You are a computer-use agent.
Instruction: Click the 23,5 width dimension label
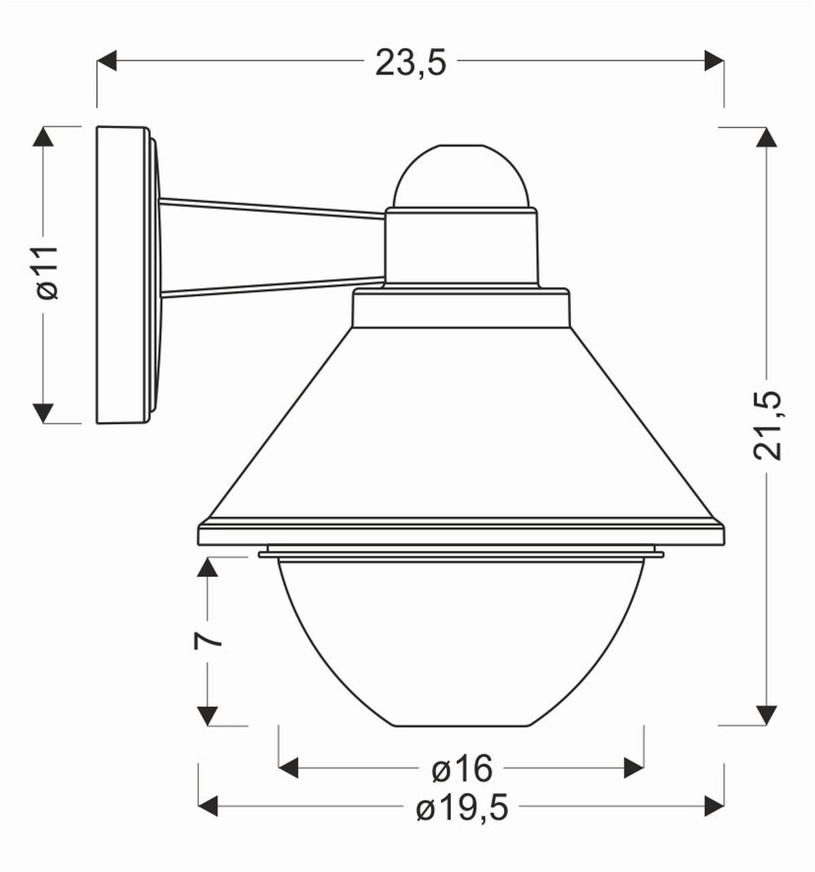point(410,62)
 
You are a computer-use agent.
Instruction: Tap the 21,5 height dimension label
point(768,425)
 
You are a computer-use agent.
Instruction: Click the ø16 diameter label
point(462,769)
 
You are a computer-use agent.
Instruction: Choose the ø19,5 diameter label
point(462,808)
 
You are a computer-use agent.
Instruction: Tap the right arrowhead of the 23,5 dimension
point(713,60)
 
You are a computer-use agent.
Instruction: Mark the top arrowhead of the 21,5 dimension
point(767,138)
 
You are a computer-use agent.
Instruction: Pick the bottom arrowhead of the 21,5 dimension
point(767,715)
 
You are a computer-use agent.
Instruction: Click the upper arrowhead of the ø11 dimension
point(43,138)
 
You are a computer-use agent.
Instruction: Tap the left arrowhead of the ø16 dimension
point(289,768)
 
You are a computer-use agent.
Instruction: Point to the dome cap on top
point(462,176)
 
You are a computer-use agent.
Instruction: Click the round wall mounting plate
point(122,275)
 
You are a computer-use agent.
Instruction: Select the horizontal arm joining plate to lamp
point(272,248)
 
